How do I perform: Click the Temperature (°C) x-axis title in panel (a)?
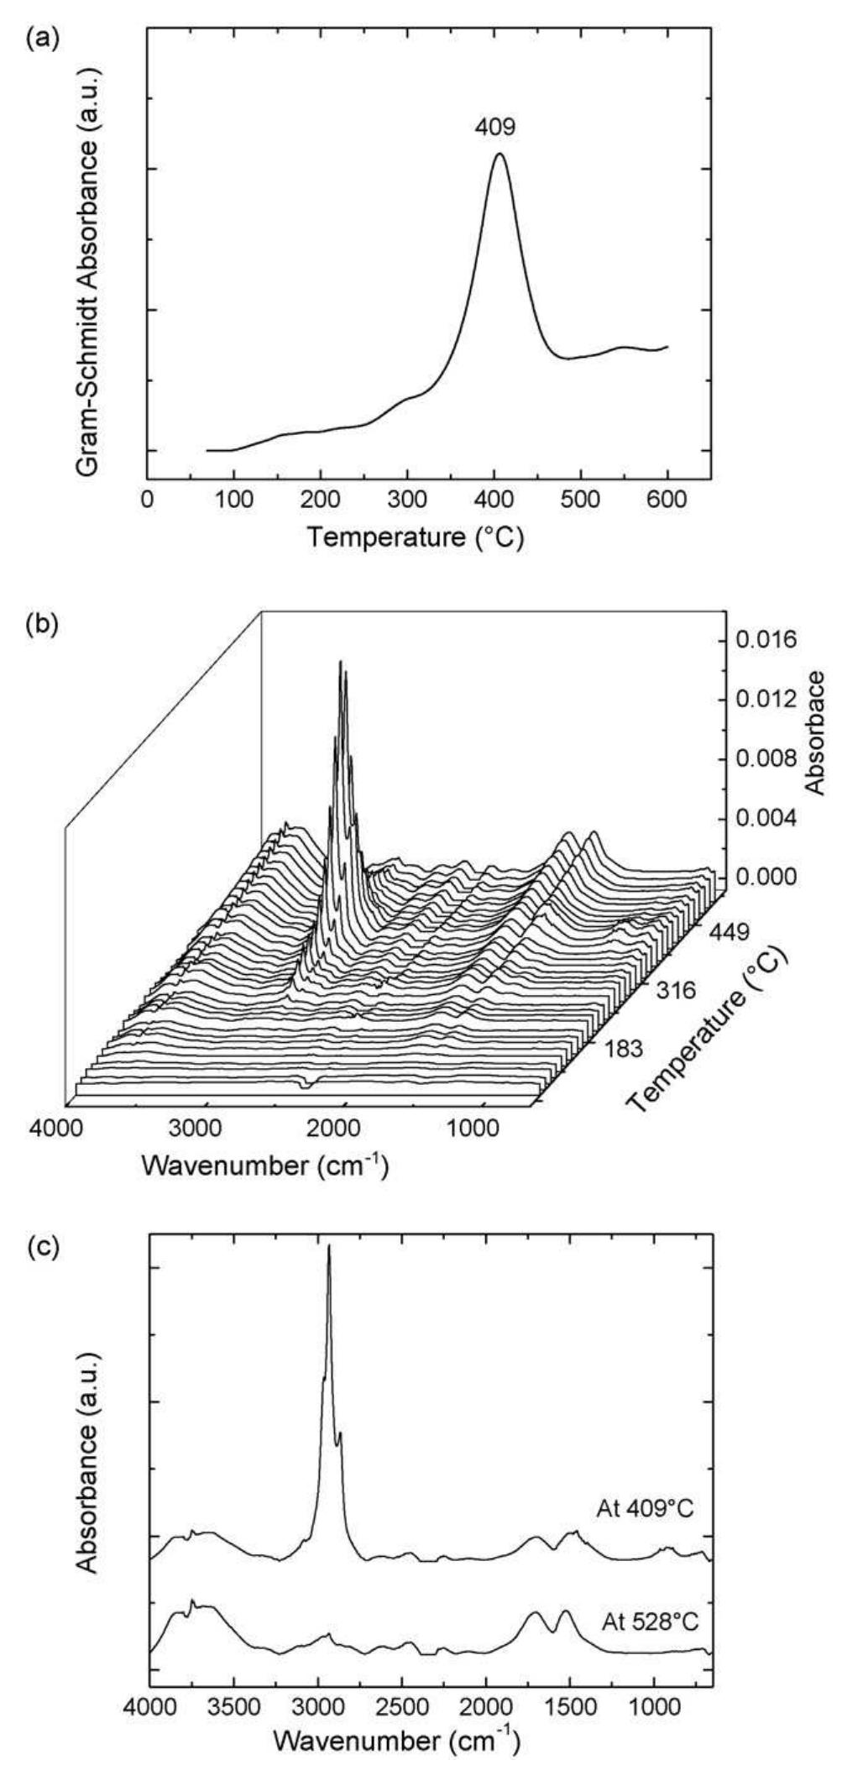(415, 537)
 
